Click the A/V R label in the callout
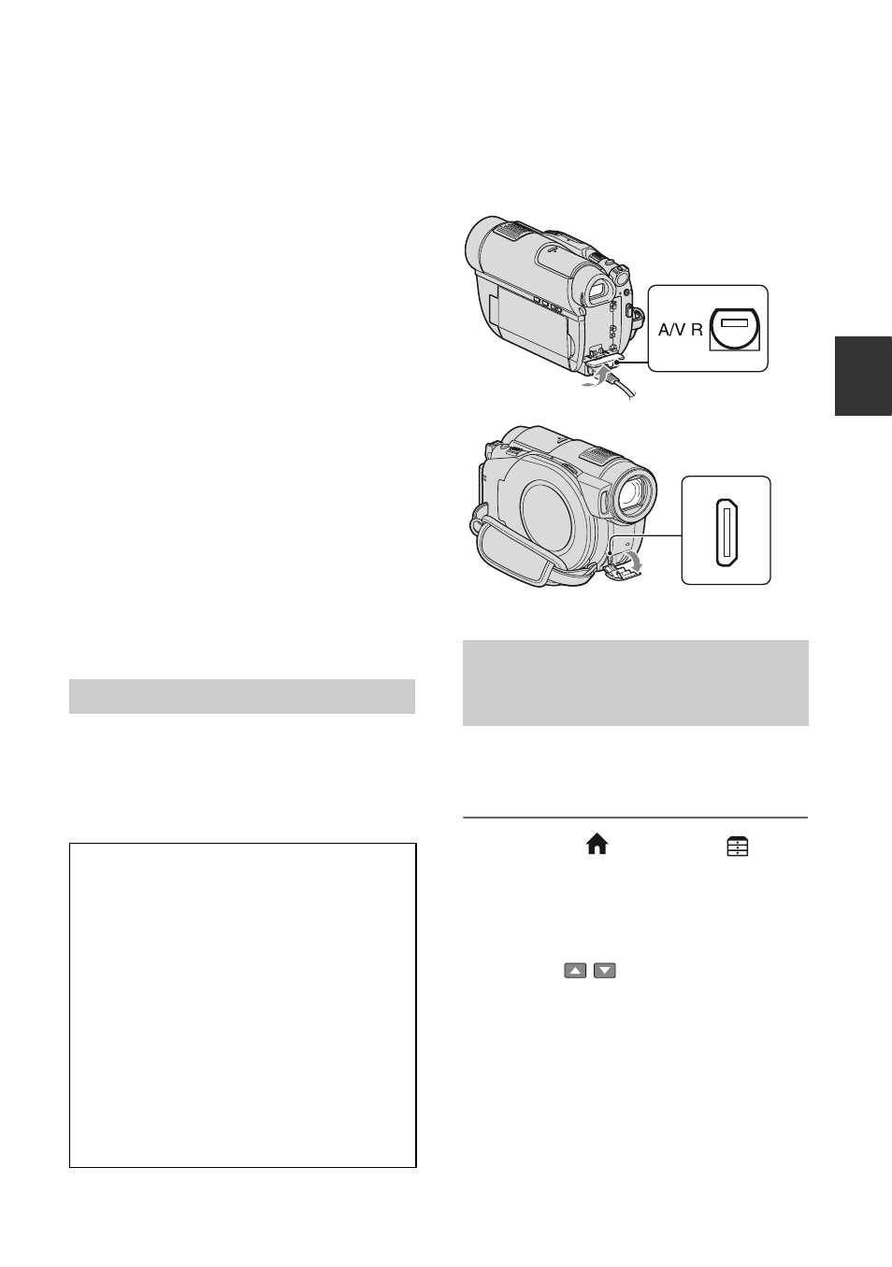point(680,329)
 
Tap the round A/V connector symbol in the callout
point(736,329)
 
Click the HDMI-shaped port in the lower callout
point(727,532)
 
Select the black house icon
point(597,845)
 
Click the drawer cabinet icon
point(738,847)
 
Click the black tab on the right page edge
point(863,376)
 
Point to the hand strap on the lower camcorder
point(514,551)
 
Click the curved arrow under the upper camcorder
point(597,377)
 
